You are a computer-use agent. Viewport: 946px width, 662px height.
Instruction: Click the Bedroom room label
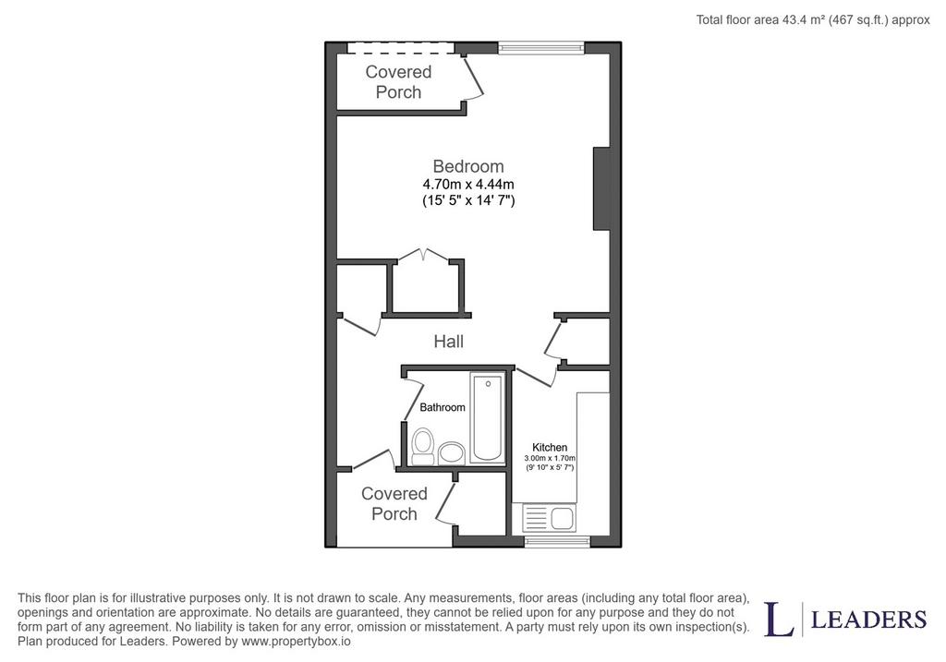tap(468, 166)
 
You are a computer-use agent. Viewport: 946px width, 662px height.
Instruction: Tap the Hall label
tap(448, 342)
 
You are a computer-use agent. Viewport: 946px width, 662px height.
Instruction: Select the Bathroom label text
tap(443, 407)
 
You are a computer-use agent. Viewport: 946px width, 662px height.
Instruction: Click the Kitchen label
tap(550, 448)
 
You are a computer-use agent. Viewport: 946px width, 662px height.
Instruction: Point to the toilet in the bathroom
tap(423, 446)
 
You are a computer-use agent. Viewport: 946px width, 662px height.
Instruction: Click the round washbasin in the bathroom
tap(452, 452)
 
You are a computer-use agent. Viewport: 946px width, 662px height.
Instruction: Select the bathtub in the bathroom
tap(488, 418)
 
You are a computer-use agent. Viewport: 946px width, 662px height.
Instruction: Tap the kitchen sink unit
tap(548, 518)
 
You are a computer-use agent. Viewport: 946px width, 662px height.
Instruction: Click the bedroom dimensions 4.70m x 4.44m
tap(468, 184)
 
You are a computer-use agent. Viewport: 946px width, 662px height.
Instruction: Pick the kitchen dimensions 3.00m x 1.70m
tap(550, 458)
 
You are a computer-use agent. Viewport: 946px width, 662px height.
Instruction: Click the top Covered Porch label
tap(398, 82)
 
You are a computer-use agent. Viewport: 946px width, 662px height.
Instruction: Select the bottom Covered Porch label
tap(394, 504)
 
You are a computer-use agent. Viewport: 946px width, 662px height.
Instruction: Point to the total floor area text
tap(813, 20)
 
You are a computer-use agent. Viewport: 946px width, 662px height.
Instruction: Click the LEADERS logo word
tap(868, 620)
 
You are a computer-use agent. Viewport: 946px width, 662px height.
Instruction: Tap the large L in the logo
tap(779, 620)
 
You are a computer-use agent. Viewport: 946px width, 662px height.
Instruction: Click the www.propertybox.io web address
tap(296, 641)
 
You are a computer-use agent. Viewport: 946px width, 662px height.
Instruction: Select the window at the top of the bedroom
tap(541, 48)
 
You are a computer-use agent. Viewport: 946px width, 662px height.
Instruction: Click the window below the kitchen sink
tap(557, 541)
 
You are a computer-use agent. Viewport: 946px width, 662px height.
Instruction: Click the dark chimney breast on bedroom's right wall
tap(602, 188)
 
